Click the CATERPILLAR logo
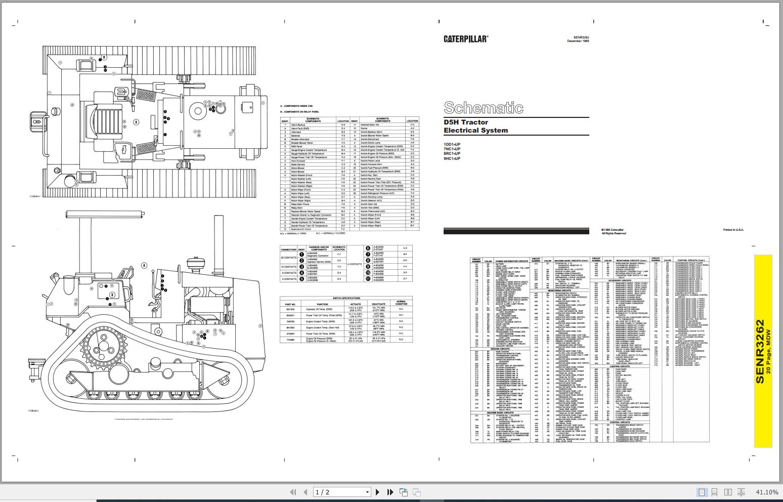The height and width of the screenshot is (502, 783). point(465,39)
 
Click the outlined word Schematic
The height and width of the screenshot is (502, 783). point(483,108)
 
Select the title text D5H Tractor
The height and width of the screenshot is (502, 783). point(466,122)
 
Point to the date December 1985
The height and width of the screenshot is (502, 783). point(578,41)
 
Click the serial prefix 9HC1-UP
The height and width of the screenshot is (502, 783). point(452,159)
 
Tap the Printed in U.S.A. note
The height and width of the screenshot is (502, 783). point(733,230)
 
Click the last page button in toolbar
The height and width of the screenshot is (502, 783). point(390,492)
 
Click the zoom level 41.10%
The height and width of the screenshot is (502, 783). point(767,492)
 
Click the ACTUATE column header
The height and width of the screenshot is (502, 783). point(355,304)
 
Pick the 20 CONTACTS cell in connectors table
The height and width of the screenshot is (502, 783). point(289,258)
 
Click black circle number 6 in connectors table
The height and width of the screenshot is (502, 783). point(368,248)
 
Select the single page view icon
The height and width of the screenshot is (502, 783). point(702,492)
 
